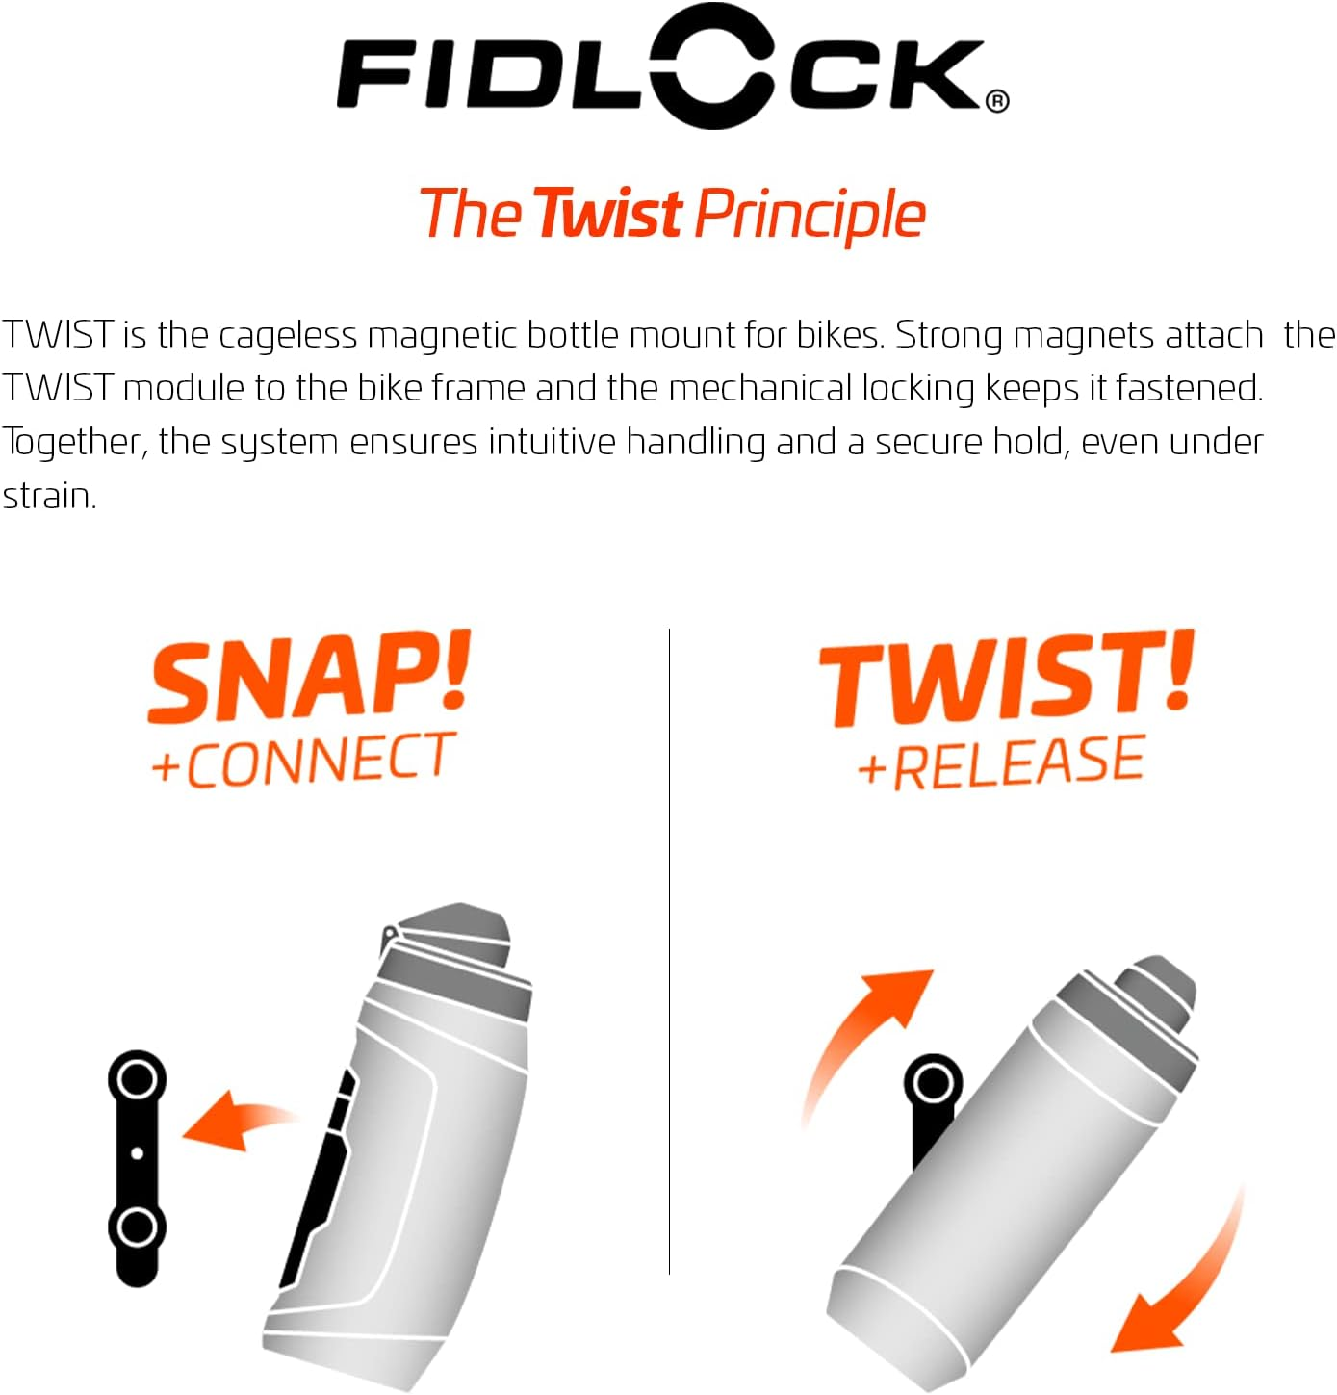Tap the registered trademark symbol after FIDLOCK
click(998, 100)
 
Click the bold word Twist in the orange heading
click(608, 214)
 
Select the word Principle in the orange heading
click(810, 216)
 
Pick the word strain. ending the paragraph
click(49, 496)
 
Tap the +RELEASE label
click(1001, 762)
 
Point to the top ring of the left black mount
click(137, 1077)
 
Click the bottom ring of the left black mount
click(137, 1227)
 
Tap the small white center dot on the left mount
click(137, 1152)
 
